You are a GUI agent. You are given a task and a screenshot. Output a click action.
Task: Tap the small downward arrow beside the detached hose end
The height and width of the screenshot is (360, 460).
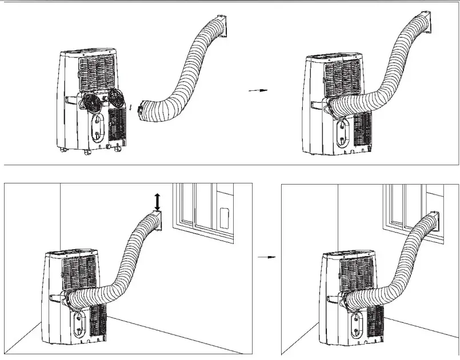[x=130, y=106]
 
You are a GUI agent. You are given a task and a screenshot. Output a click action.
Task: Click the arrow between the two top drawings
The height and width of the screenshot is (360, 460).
[x=258, y=90]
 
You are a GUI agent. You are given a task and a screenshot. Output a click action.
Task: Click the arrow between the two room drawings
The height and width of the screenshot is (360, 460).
[x=267, y=258]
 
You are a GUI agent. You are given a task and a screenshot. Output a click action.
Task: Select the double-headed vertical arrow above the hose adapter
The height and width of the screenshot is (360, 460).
[x=157, y=201]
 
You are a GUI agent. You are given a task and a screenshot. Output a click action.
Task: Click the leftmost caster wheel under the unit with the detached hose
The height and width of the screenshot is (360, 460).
[x=62, y=150]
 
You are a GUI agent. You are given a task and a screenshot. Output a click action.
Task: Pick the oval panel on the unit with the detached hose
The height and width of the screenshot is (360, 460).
[x=99, y=127]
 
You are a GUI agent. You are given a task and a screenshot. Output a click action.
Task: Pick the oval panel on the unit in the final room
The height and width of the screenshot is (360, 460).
[x=361, y=323]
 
